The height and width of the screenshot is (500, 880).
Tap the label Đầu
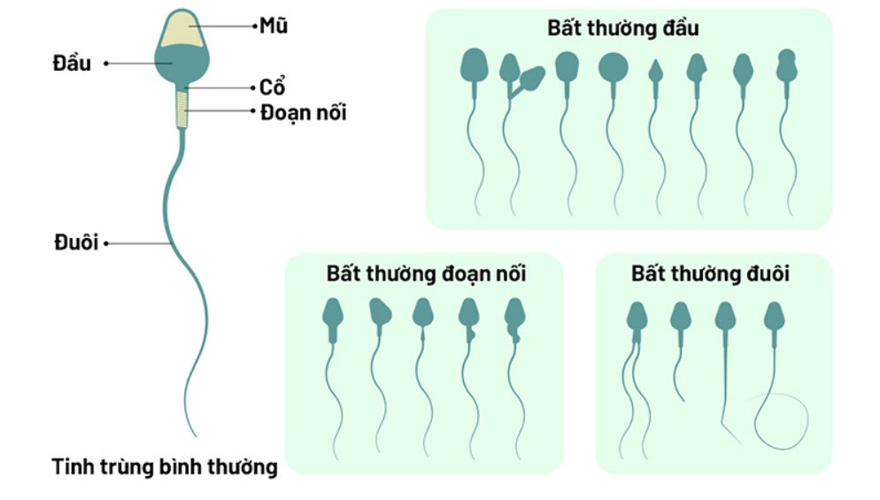tap(72, 64)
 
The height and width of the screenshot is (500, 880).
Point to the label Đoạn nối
tap(304, 112)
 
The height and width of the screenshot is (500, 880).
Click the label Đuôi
tap(73, 242)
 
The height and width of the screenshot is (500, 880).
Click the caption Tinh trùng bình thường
tap(165, 466)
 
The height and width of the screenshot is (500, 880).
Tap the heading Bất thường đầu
tap(623, 27)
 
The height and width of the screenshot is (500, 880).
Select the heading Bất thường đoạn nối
tap(426, 273)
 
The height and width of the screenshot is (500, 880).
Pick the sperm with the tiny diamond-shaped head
tap(655, 71)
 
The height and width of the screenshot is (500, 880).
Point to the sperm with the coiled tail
tap(776, 316)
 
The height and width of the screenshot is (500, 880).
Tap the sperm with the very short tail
tap(679, 316)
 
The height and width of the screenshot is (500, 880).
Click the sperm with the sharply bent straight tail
tap(725, 316)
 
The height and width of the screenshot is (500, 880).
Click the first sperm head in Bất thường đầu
tap(474, 64)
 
